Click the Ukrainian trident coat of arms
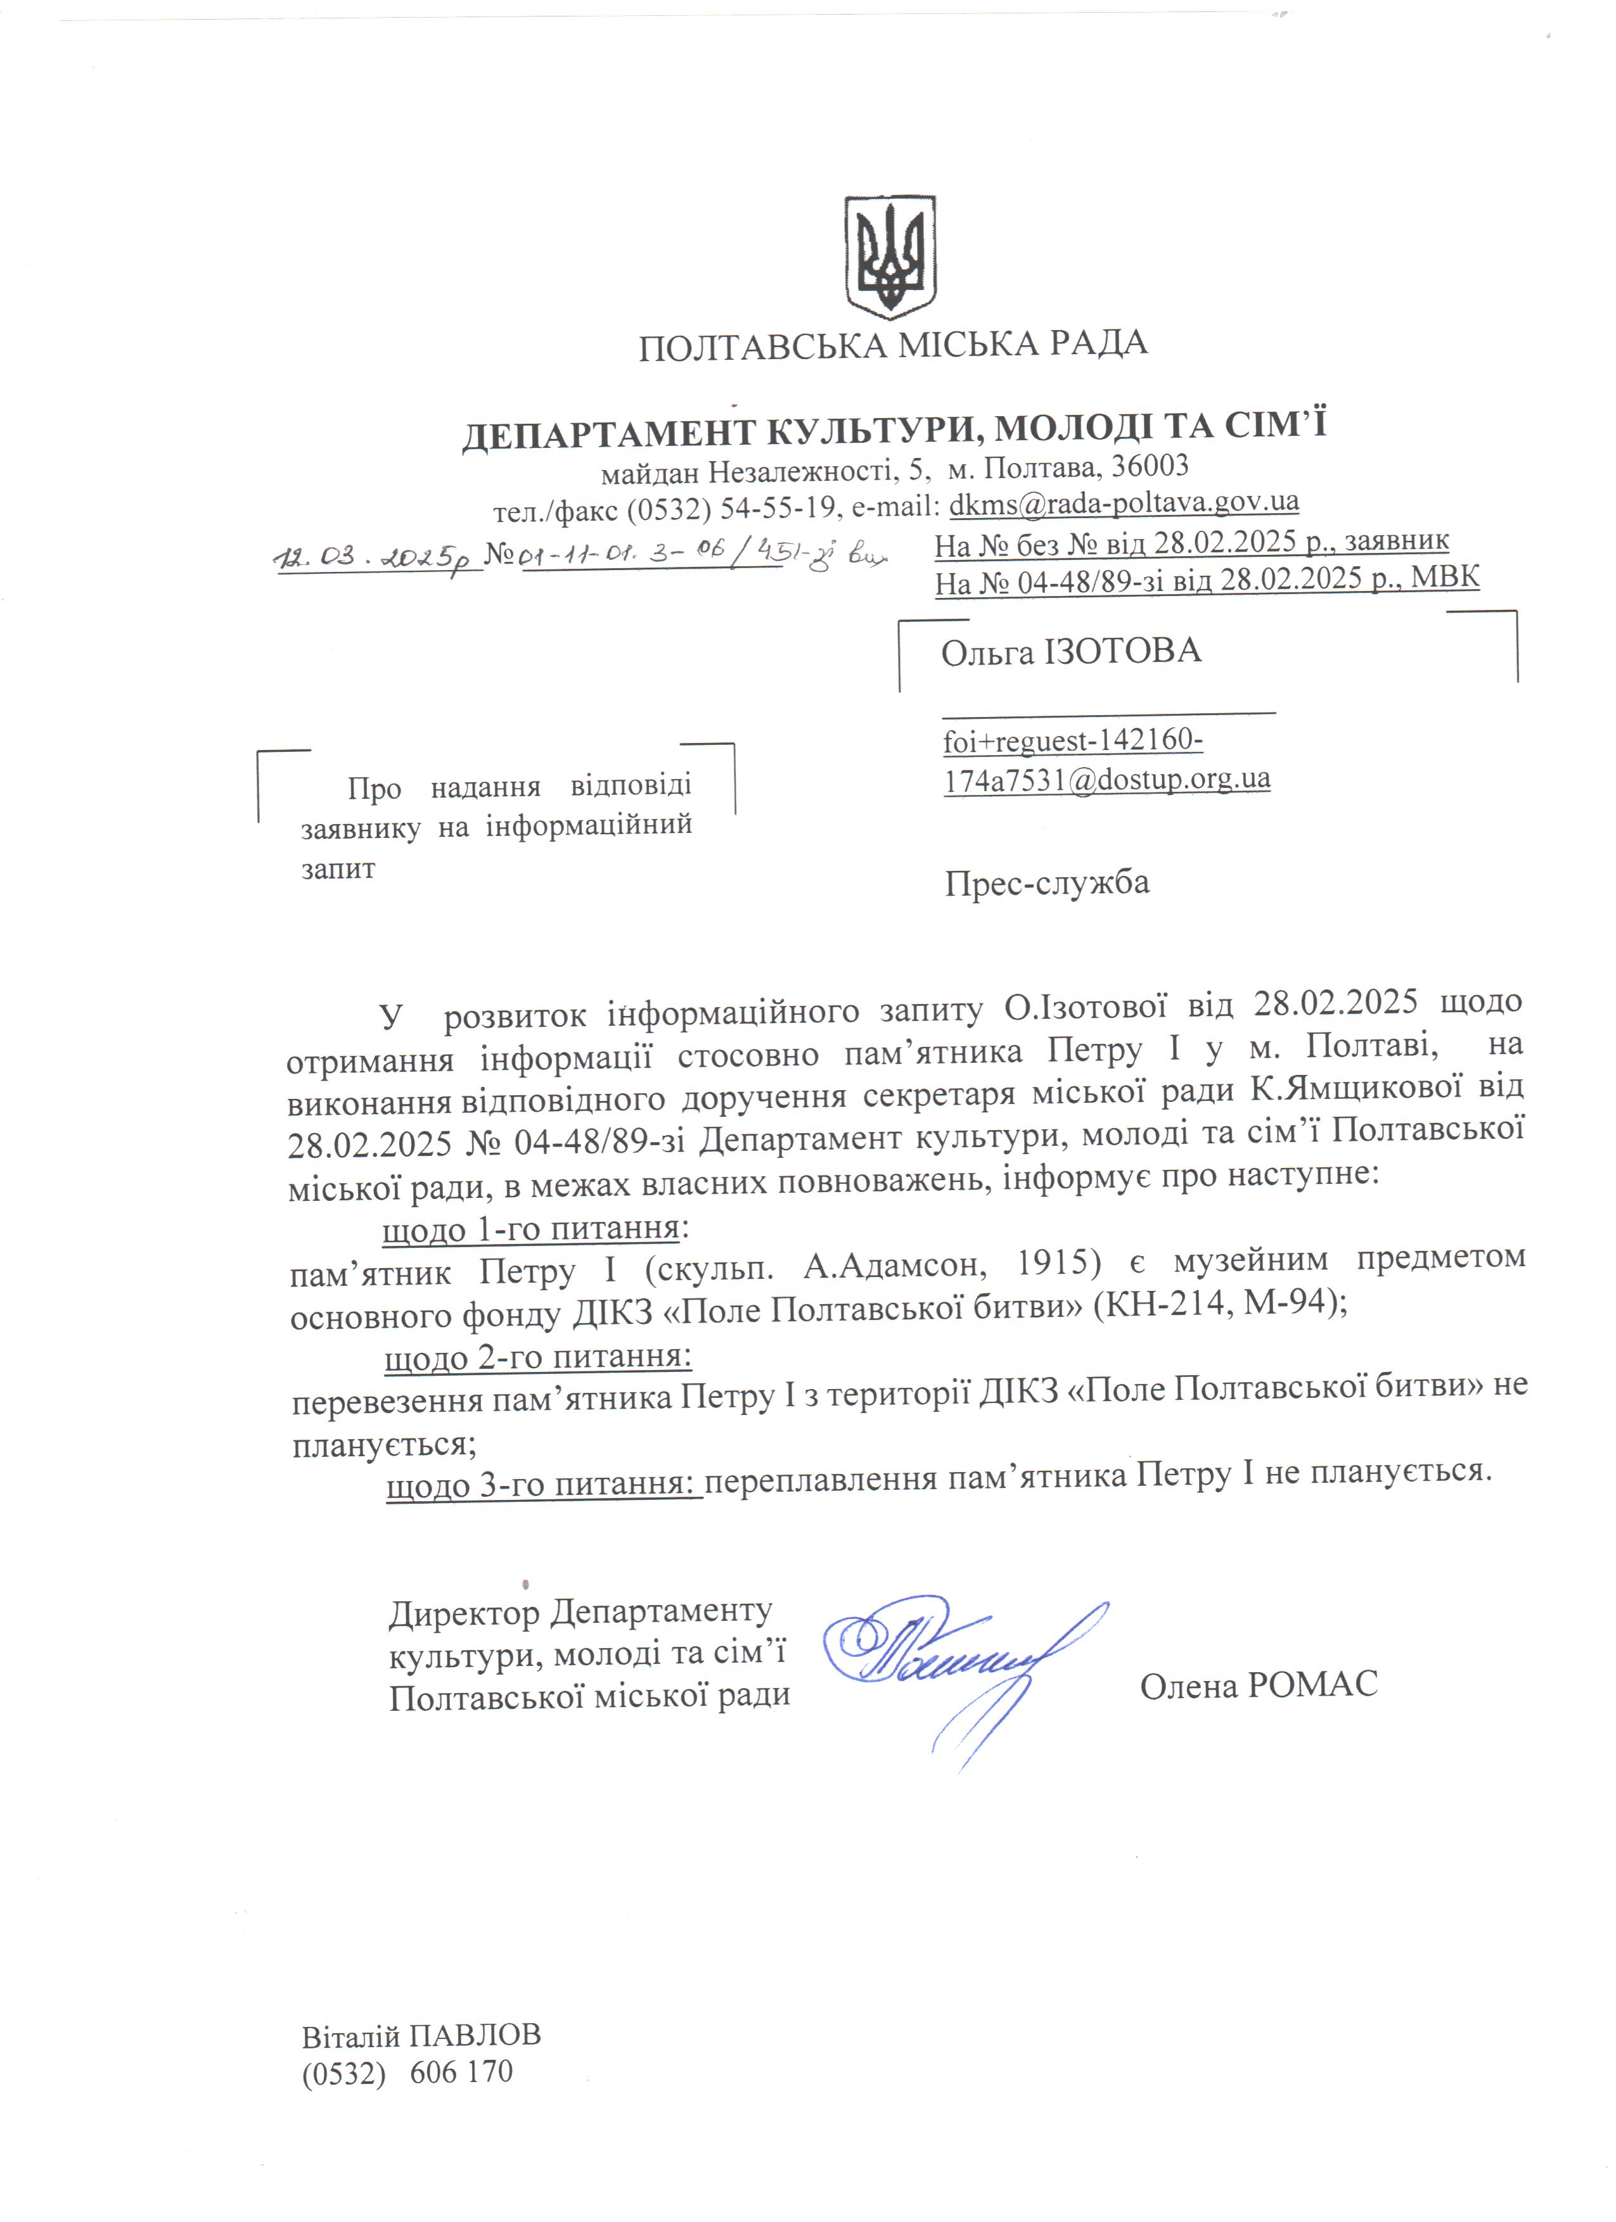890,256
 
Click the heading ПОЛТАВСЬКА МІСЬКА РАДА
893,345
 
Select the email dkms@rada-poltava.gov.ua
1124,502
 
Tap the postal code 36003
1150,466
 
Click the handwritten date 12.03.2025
375,559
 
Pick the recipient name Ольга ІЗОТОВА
1071,652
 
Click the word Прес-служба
1047,883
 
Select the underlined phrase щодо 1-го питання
530,1229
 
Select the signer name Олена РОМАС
1259,1685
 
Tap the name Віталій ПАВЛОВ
421,2036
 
